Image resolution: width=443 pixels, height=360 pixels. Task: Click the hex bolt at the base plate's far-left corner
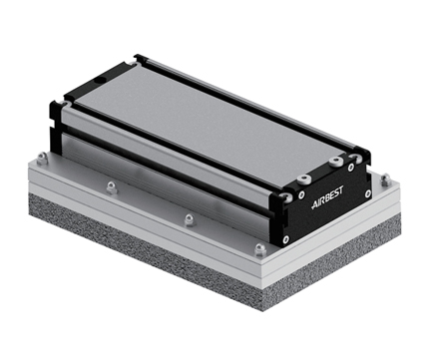[40, 158]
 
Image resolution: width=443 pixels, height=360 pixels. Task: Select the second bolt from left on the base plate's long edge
[111, 186]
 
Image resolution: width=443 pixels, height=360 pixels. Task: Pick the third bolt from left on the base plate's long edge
[188, 218]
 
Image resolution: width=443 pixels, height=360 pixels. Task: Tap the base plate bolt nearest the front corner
[259, 249]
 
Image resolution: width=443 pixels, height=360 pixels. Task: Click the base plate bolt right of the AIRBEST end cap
[384, 180]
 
